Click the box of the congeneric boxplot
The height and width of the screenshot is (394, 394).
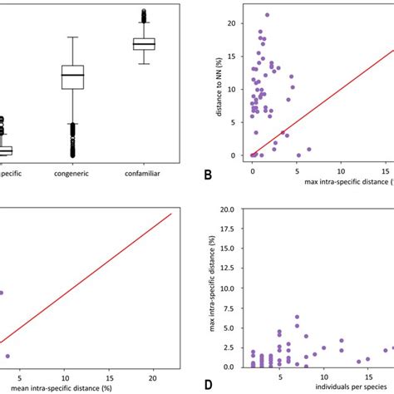pyautogui.click(x=73, y=77)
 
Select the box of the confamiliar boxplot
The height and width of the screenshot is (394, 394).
pyautogui.click(x=145, y=43)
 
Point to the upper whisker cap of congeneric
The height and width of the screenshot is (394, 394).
pyautogui.click(x=73, y=37)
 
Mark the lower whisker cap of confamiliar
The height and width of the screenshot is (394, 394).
pyautogui.click(x=145, y=63)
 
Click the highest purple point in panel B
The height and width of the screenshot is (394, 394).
pyautogui.click(x=267, y=15)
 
